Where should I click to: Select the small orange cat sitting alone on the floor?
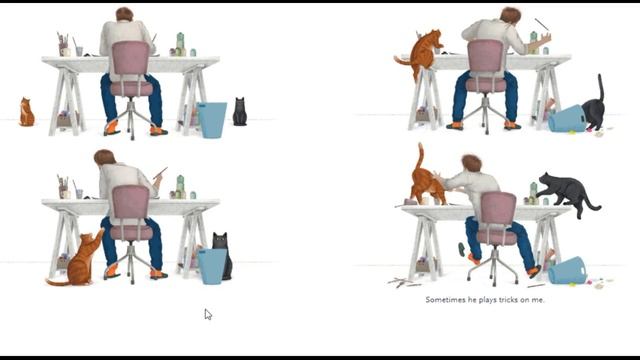(26, 113)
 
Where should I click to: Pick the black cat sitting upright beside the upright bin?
(239, 112)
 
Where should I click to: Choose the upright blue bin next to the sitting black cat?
(211, 119)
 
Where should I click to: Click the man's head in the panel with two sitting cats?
(123, 14)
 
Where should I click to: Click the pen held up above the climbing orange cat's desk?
(541, 23)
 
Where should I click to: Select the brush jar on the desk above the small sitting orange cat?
(63, 46)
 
